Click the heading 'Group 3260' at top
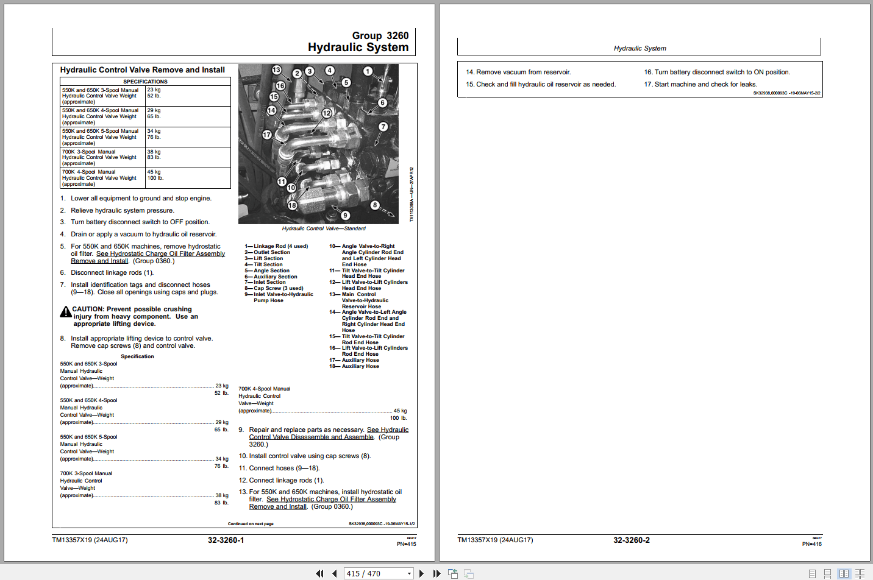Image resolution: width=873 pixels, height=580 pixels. [380, 36]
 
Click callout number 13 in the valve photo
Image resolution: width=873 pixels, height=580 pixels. [276, 70]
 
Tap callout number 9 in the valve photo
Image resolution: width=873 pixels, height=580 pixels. [345, 215]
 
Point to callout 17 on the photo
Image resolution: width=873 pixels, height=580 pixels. [266, 135]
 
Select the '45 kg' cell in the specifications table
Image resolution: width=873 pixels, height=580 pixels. [154, 172]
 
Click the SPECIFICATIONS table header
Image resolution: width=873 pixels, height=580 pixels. [145, 82]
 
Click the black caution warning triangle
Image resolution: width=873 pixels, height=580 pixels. [66, 313]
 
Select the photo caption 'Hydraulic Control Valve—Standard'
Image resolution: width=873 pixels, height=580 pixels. [324, 228]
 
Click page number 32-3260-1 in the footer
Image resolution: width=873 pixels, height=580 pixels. [226, 540]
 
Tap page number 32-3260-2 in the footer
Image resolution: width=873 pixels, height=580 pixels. [631, 540]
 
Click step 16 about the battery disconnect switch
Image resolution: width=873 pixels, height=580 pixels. [717, 72]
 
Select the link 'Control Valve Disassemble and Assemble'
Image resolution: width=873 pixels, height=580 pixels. [311, 437]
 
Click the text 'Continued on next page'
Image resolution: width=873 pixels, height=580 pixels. [251, 524]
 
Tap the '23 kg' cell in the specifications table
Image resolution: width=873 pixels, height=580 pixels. [154, 90]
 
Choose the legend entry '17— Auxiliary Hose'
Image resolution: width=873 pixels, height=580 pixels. [354, 361]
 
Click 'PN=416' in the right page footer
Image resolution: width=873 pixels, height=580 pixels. [811, 544]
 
